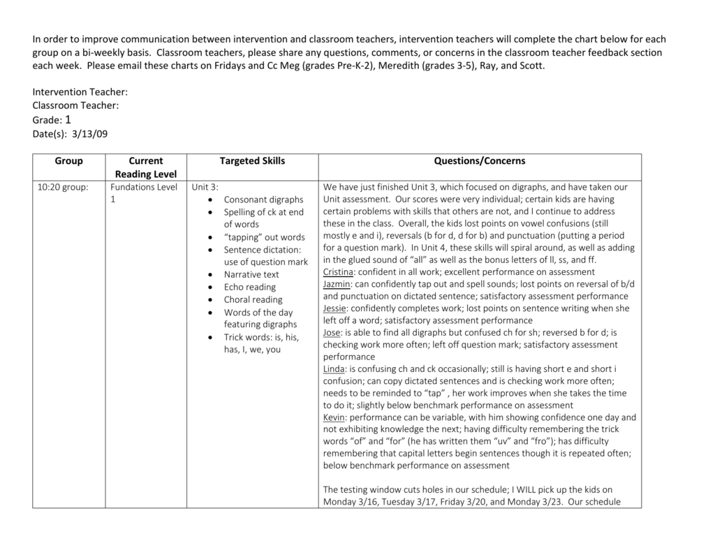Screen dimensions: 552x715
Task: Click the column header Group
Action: [68, 161]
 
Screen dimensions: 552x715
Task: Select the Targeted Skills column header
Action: [252, 161]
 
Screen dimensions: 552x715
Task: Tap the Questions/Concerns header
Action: [480, 161]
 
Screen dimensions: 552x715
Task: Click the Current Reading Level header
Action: [146, 167]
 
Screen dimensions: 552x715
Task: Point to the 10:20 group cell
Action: [64, 187]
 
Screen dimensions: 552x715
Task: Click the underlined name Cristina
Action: [339, 272]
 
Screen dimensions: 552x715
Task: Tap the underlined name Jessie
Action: [335, 308]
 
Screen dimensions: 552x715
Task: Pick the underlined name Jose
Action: [332, 333]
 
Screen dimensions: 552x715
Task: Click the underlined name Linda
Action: [334, 369]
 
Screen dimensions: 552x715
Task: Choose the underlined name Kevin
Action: [334, 417]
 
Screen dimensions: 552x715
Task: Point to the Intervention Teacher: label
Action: [80, 92]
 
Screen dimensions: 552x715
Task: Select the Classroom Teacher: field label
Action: [75, 105]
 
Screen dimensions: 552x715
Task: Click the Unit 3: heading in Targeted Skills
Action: [205, 187]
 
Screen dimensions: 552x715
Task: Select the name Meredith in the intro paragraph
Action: [401, 66]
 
